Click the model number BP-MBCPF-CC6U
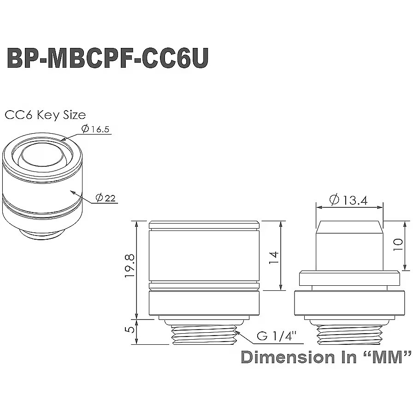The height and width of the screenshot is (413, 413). [107, 59]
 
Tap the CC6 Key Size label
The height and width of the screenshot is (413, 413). [45, 115]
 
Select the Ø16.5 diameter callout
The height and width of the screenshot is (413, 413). [95, 130]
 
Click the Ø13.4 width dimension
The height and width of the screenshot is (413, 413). [348, 200]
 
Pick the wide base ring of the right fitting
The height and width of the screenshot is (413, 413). [349, 304]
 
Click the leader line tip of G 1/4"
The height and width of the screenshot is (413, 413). [236, 330]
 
